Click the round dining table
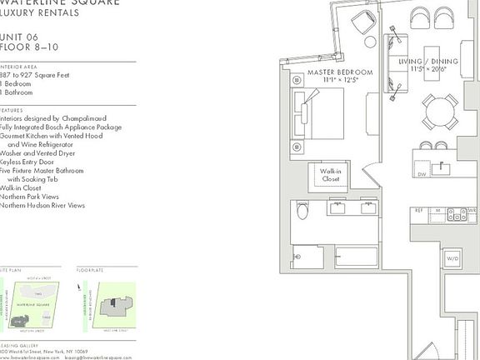tap(439, 112)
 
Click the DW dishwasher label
tap(422, 174)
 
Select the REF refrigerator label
tap(419, 212)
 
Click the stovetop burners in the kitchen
tap(457, 215)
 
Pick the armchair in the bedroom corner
tap(364, 22)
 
